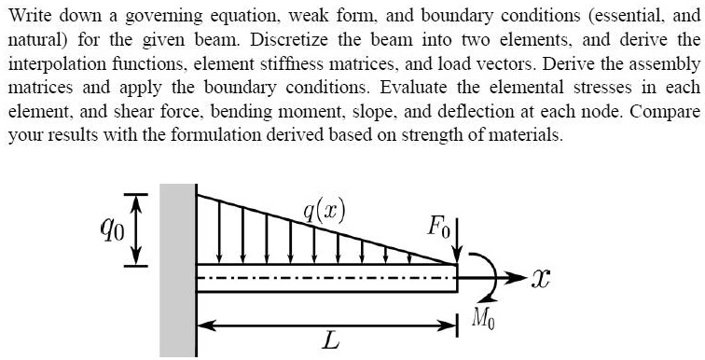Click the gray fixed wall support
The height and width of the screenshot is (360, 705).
pos(176,270)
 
